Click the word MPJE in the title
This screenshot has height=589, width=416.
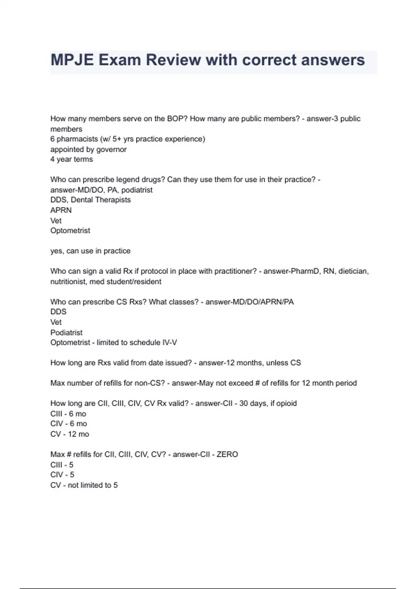coord(72,60)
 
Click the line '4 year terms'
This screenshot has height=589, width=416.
coord(71,159)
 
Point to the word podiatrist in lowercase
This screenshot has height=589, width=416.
coord(137,190)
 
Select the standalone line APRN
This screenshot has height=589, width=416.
coord(61,210)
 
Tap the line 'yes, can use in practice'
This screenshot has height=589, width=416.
coord(90,251)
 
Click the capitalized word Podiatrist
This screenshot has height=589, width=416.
coord(66,333)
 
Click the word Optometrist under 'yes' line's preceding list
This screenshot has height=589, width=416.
coord(70,231)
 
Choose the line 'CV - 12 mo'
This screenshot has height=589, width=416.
coord(69,434)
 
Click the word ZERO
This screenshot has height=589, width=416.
coord(227,454)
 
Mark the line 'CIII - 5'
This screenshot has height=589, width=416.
coord(62,465)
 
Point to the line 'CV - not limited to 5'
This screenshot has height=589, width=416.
coord(84,485)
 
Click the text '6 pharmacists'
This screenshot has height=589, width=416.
coord(74,139)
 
